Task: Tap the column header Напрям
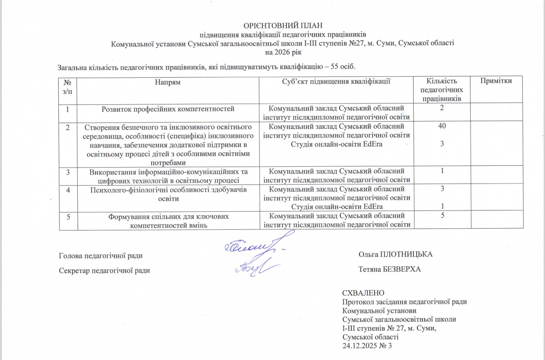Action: click(167, 81)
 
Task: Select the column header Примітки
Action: click(497, 81)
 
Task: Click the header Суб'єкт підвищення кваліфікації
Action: click(336, 81)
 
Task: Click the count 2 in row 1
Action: click(442, 107)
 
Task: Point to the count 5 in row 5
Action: click(442, 216)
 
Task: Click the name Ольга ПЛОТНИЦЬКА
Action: click(395, 254)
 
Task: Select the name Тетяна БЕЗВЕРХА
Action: click(390, 269)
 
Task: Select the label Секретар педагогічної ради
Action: click(104, 270)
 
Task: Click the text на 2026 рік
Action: click(283, 52)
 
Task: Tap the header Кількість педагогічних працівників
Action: click(442, 89)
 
